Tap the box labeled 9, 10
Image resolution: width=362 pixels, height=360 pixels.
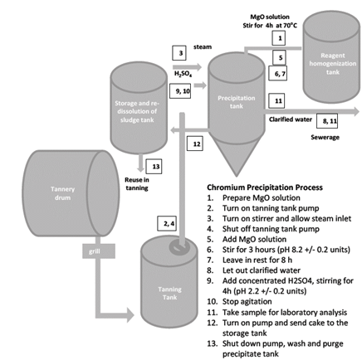[x=183, y=91]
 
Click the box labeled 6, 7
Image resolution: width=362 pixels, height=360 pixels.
[x=280, y=75]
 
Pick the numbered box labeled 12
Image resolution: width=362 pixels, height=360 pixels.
[x=197, y=144]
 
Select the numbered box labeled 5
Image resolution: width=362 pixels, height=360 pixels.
[x=281, y=58]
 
